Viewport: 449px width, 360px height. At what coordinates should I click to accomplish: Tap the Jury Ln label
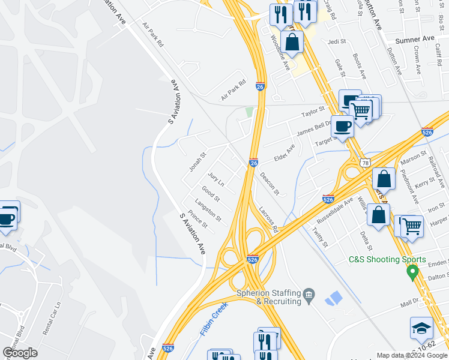215,178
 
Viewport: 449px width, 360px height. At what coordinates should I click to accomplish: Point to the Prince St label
197,219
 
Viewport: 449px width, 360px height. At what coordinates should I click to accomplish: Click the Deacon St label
270,184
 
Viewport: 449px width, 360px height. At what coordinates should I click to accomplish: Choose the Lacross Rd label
269,220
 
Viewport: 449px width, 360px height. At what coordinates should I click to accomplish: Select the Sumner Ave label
414,39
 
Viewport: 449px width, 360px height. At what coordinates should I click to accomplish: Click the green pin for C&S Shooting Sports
412,272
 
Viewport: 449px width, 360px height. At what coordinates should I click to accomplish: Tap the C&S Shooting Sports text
388,260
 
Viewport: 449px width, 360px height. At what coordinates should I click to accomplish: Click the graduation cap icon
422,327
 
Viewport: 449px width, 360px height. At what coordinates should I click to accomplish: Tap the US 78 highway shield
365,163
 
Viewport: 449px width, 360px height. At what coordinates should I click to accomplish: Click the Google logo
20,353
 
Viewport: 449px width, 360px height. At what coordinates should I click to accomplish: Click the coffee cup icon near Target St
343,126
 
